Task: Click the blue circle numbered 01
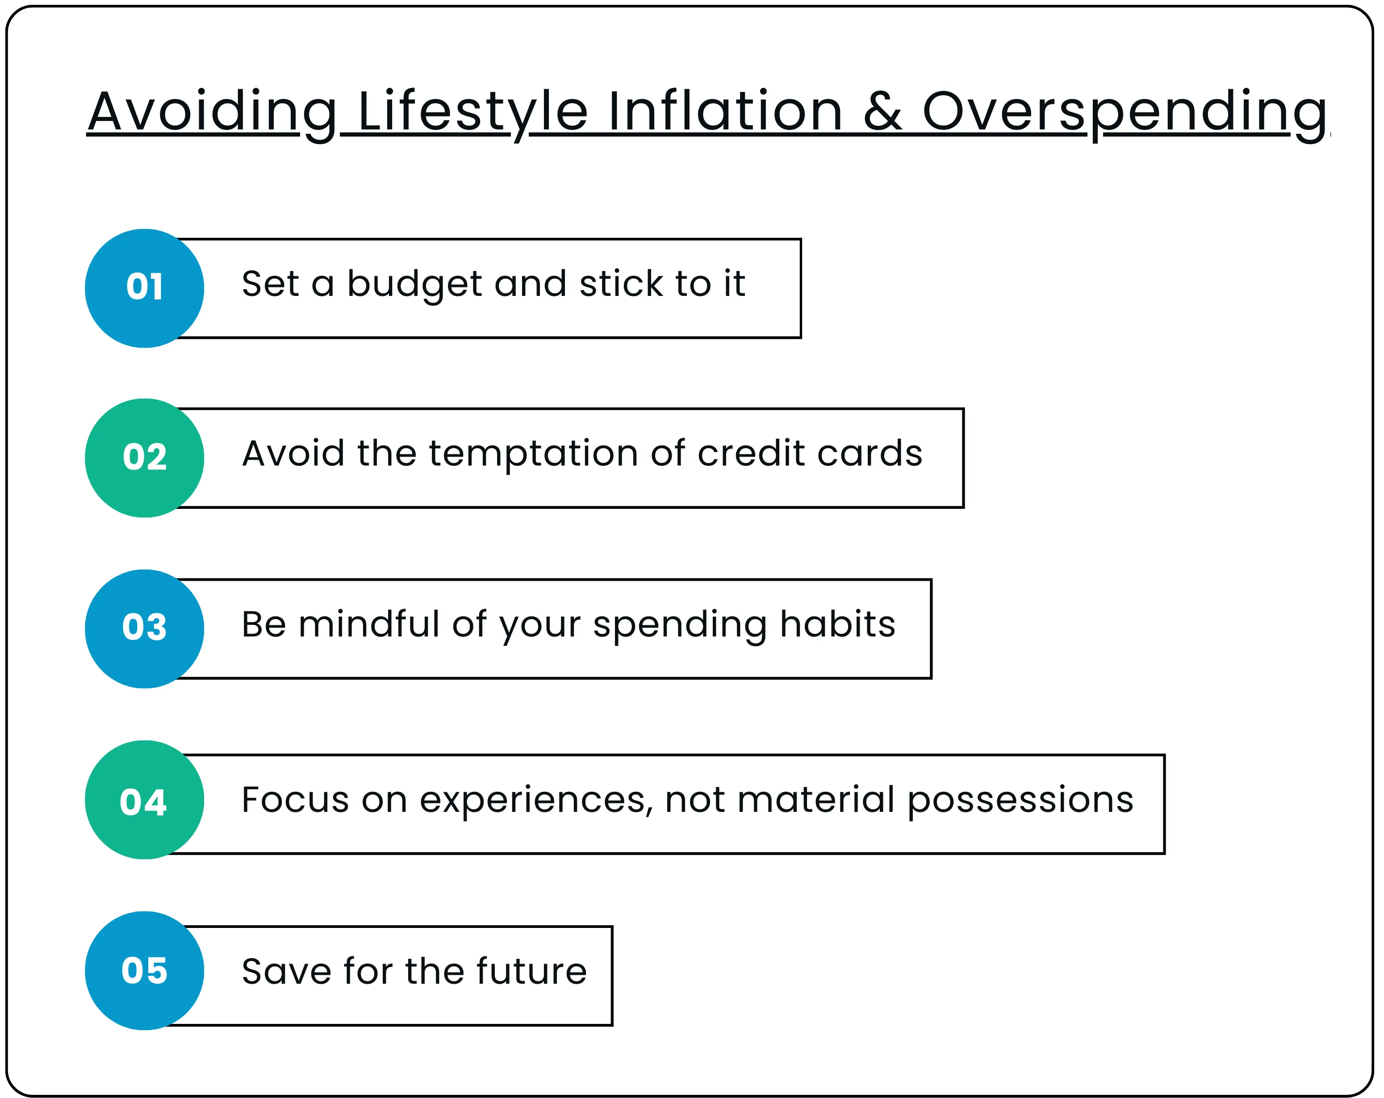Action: tap(144, 288)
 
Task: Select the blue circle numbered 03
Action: tap(144, 629)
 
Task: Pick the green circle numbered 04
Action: tap(144, 799)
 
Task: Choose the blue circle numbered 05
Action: tap(144, 970)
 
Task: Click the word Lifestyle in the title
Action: tap(472, 112)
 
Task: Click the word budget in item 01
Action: tap(414, 284)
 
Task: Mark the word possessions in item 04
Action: tap(1020, 801)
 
